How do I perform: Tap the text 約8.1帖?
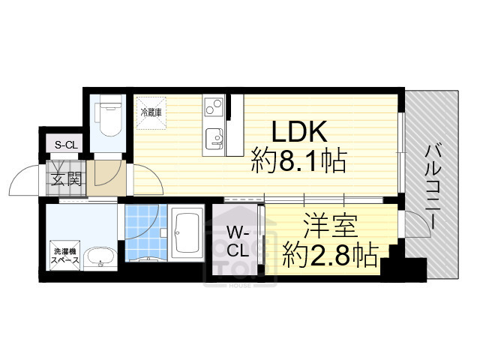click(298, 161)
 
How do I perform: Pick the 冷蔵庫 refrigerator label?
click(151, 112)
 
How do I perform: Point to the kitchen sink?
click(214, 139)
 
